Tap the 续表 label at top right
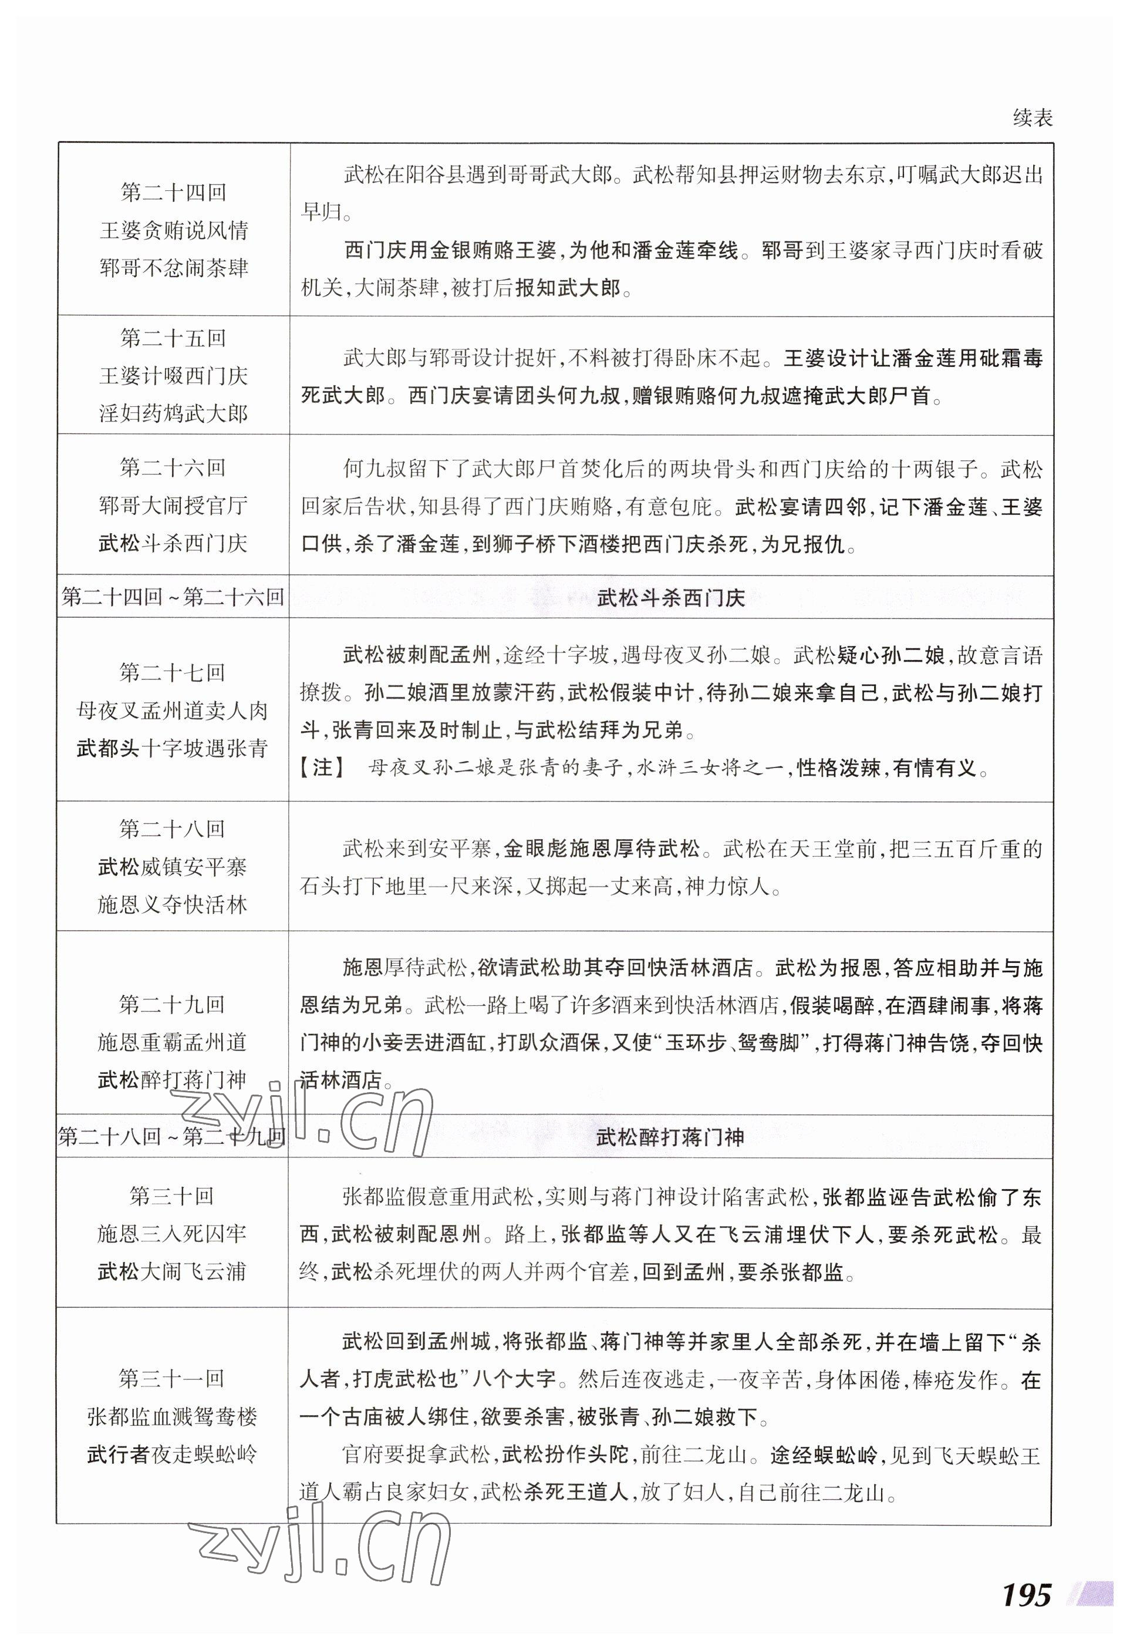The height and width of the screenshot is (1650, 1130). tap(1032, 118)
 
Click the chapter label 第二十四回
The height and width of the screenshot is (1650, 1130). tap(173, 193)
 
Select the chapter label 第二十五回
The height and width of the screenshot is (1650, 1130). tap(173, 338)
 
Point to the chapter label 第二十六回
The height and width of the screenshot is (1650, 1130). tap(173, 468)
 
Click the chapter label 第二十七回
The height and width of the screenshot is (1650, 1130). tap(173, 672)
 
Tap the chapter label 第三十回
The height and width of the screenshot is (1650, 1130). tap(172, 1196)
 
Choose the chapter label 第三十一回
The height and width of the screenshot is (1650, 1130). tap(172, 1379)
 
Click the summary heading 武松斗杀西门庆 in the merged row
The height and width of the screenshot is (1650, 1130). tap(671, 598)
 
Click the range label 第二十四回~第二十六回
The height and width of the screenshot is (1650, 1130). tap(173, 597)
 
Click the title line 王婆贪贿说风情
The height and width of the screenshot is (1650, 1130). tap(173, 231)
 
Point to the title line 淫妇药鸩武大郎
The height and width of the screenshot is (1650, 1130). tap(173, 413)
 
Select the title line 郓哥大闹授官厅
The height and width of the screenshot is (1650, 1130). tap(173, 506)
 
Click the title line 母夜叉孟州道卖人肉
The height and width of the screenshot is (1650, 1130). tap(173, 710)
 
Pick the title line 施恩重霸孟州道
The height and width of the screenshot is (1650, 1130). tap(173, 1042)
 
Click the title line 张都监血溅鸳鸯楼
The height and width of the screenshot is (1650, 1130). tap(172, 1416)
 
